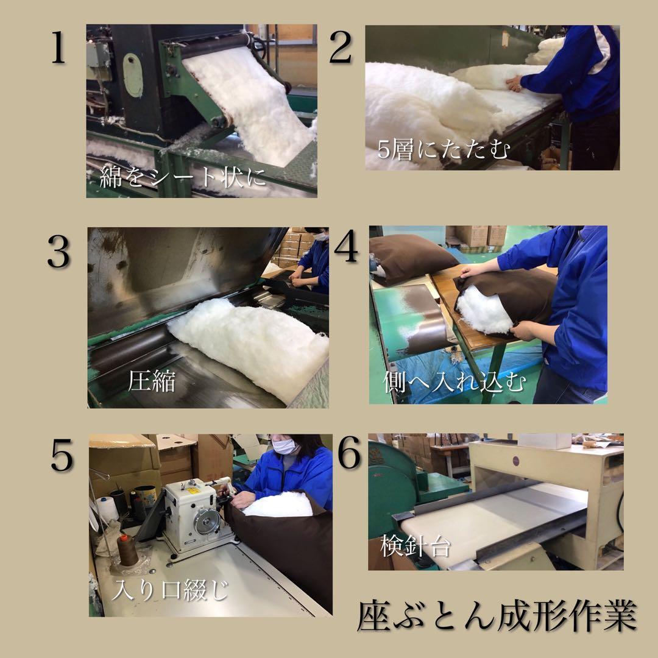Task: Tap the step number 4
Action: pyautogui.click(x=345, y=247)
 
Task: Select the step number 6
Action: pyautogui.click(x=349, y=456)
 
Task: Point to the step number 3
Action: pyautogui.click(x=58, y=253)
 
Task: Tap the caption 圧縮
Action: pyautogui.click(x=152, y=381)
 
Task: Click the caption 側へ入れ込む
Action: pyautogui.click(x=453, y=382)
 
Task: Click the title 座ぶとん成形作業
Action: pyautogui.click(x=497, y=616)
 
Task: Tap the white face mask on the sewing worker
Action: pyautogui.click(x=285, y=446)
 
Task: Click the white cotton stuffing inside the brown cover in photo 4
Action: pyautogui.click(x=483, y=308)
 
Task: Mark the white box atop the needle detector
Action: pyautogui.click(x=543, y=440)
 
